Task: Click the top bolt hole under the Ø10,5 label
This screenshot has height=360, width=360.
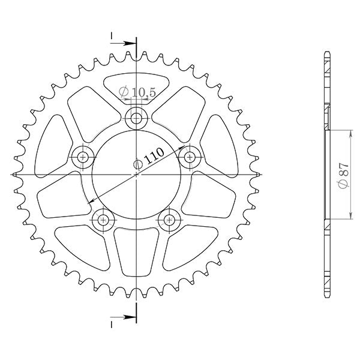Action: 136,117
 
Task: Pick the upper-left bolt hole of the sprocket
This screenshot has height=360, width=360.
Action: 82,157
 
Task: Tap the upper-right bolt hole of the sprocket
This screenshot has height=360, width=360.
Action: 191,157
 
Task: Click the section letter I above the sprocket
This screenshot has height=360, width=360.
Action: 112,37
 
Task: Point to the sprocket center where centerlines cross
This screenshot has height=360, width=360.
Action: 136,174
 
